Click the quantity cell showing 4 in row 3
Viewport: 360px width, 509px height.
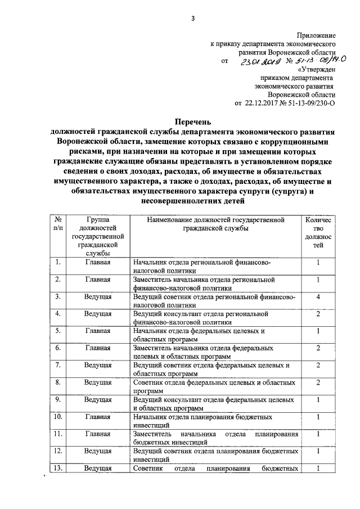pyautogui.click(x=318, y=296)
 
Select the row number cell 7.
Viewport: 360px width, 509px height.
pyautogui.click(x=58, y=365)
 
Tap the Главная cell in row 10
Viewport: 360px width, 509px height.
pyautogui.click(x=98, y=417)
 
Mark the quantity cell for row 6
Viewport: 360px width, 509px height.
pyautogui.click(x=318, y=348)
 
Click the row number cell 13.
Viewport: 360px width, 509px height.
pyautogui.click(x=58, y=469)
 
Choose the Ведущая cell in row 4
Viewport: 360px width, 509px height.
pyautogui.click(x=98, y=313)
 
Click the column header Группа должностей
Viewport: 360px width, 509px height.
pyautogui.click(x=98, y=237)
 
